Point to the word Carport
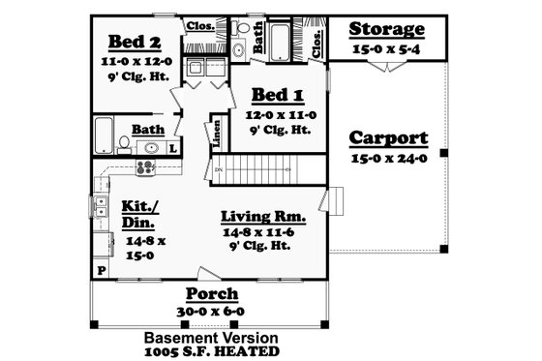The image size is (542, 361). (386, 136)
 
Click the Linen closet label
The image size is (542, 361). (215, 133)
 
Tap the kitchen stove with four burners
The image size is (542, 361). (145, 167)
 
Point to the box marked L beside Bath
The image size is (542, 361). (171, 148)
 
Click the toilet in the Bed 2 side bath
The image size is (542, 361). (123, 146)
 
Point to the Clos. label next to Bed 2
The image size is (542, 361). (199, 26)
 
